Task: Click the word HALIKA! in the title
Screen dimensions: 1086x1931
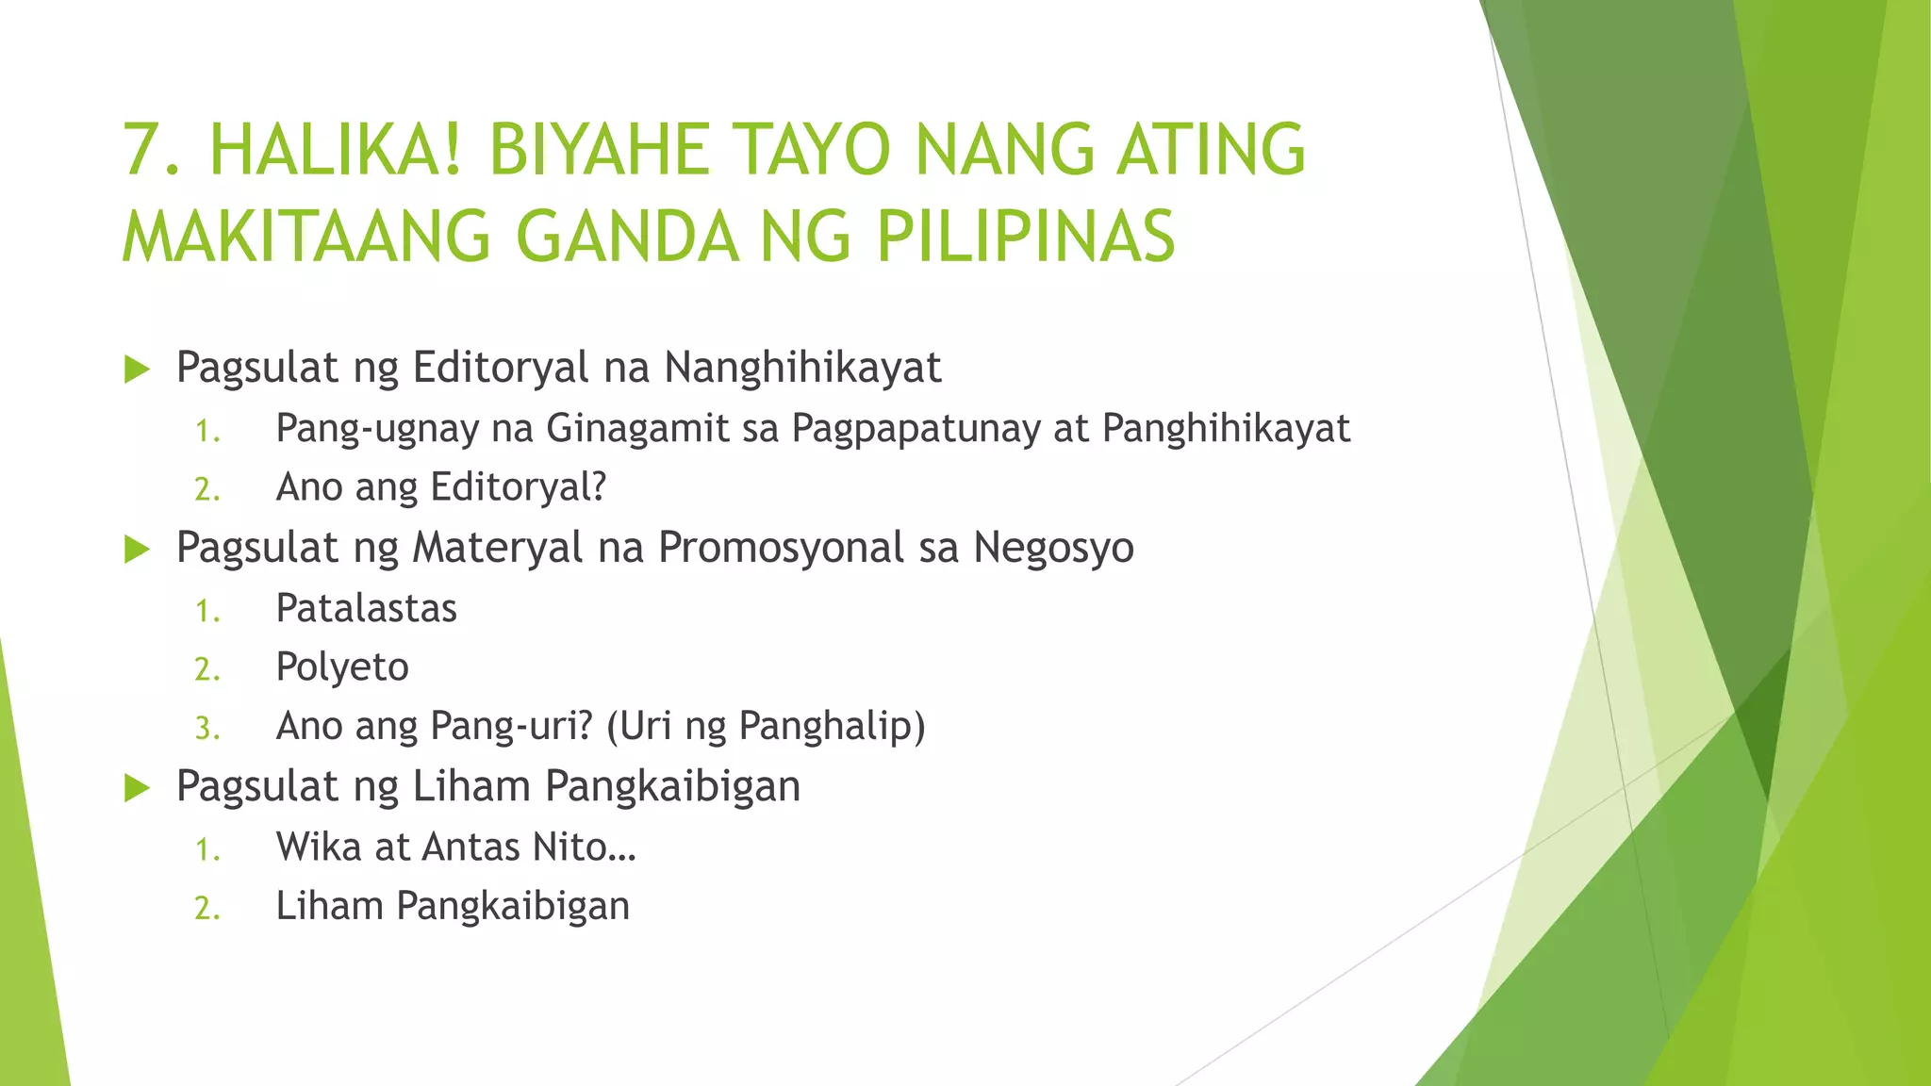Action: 335,151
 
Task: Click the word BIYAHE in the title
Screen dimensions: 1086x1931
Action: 599,151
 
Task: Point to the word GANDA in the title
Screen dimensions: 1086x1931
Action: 627,236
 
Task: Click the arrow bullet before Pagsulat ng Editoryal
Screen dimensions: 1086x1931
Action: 138,370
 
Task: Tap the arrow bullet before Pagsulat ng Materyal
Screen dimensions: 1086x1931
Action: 138,550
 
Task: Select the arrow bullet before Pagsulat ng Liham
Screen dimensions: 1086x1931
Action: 138,788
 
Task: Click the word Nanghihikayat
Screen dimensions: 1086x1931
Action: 802,368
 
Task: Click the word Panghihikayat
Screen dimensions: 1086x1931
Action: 1226,429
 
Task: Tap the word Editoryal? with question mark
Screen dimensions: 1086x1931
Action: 518,487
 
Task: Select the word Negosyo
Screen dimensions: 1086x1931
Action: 1053,548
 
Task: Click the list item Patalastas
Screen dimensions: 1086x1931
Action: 366,608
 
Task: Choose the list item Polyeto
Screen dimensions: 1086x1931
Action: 342,667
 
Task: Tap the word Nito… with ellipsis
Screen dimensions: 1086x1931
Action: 585,847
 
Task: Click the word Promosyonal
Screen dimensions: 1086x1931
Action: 781,548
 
